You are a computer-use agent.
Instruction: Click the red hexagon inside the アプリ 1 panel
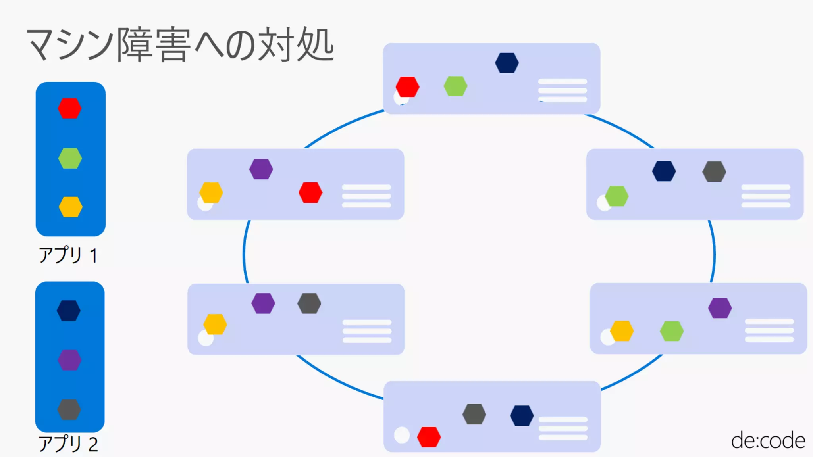(x=69, y=108)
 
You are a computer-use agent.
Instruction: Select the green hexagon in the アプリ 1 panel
(x=70, y=158)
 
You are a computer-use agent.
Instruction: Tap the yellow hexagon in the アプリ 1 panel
(x=71, y=207)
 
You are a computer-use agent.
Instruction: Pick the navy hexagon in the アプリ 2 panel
(x=69, y=310)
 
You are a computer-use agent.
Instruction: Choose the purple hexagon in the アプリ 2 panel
(x=69, y=360)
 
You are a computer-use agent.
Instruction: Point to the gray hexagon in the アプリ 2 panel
(x=69, y=409)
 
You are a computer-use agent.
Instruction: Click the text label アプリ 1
(x=68, y=255)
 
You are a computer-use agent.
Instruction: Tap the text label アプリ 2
(x=68, y=444)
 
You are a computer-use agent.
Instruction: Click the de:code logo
(x=768, y=441)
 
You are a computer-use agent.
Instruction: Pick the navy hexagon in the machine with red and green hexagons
(x=507, y=63)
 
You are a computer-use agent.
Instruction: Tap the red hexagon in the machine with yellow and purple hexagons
(x=310, y=193)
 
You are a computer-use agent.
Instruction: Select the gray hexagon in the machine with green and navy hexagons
(x=714, y=172)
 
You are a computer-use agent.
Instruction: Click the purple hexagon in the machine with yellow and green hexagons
(x=720, y=308)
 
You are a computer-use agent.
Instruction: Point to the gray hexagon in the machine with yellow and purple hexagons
(x=309, y=303)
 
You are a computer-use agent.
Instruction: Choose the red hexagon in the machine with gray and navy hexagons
(x=429, y=437)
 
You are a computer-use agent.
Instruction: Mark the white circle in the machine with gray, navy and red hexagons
(x=402, y=435)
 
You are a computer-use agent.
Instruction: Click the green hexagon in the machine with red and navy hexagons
(x=455, y=86)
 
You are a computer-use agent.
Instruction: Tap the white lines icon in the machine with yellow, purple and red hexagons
(x=366, y=196)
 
